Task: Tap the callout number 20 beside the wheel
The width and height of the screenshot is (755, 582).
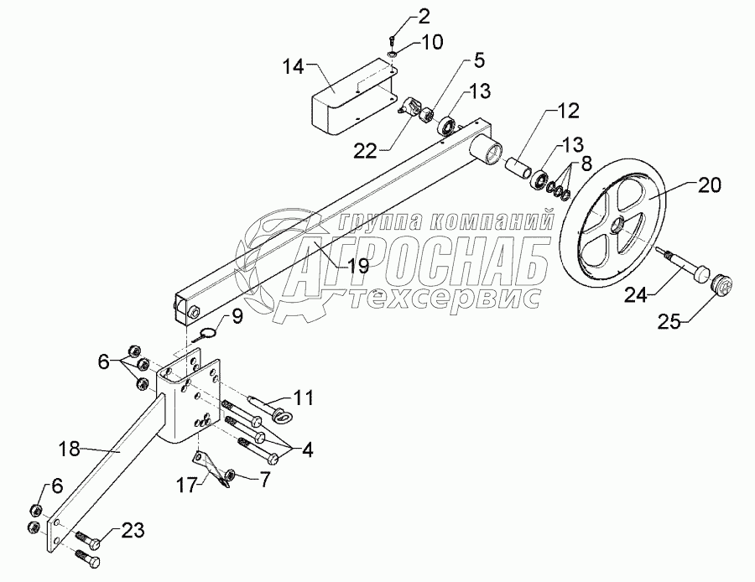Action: (708, 185)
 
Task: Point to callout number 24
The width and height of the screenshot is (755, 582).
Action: (635, 295)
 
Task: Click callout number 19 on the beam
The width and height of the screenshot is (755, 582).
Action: (358, 267)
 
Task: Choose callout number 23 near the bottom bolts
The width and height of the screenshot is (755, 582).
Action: (133, 529)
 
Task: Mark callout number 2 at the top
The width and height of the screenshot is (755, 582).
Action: (399, 16)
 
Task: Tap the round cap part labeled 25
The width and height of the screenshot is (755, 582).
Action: (721, 286)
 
